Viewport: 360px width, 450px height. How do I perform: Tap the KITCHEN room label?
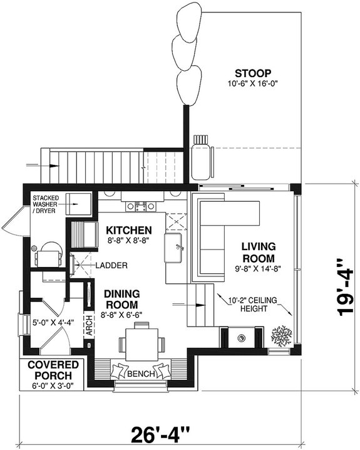point(128,229)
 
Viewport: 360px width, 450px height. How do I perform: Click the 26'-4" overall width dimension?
point(161,434)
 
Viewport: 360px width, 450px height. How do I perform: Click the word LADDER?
point(112,266)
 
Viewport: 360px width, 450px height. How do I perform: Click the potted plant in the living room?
point(280,336)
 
